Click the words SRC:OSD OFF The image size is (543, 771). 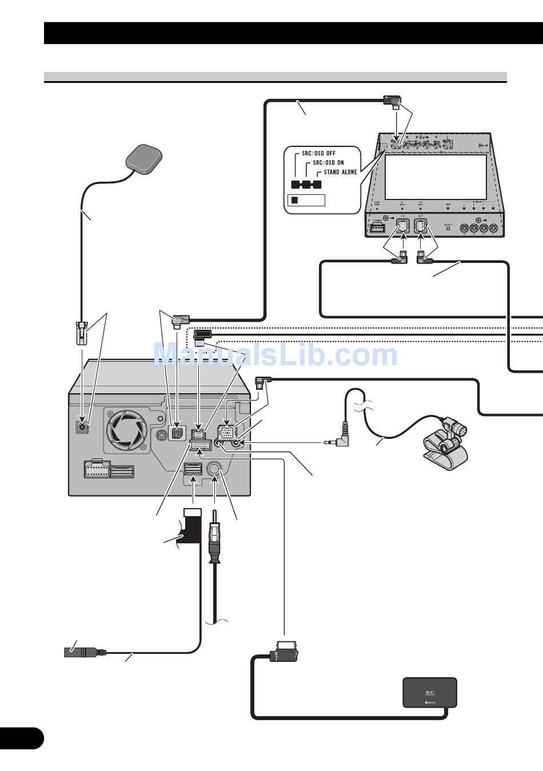point(318,153)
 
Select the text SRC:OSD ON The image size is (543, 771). point(328,162)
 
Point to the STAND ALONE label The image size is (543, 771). point(340,171)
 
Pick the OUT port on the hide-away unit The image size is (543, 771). point(421,227)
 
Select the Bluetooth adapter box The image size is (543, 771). point(430,693)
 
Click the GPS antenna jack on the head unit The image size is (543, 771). point(83,426)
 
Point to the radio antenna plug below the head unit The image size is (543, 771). point(213,540)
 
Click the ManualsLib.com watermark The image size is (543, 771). point(276,355)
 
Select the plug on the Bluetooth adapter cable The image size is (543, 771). point(286,651)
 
